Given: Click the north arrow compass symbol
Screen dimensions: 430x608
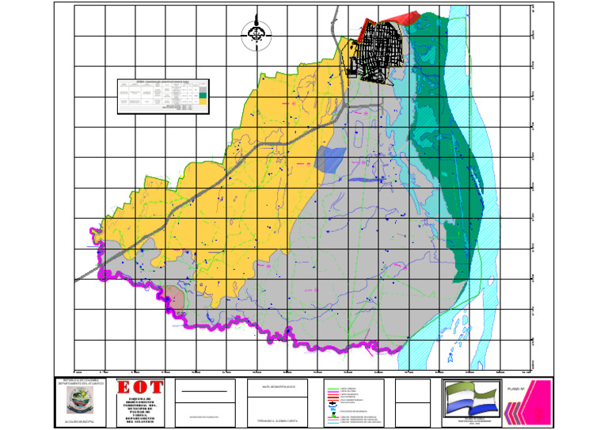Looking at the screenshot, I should tap(256, 34).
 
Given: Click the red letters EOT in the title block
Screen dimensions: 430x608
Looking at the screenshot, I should tap(141, 388).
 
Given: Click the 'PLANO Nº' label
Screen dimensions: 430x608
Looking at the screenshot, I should tap(515, 390).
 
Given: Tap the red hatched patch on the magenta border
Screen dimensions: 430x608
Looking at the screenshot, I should tap(177, 299).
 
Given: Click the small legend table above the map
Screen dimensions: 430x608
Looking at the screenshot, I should tap(163, 96).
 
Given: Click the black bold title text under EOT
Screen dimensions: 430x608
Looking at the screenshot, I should tap(141, 409).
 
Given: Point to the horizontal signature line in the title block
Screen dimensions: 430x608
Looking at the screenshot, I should tap(203, 391).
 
